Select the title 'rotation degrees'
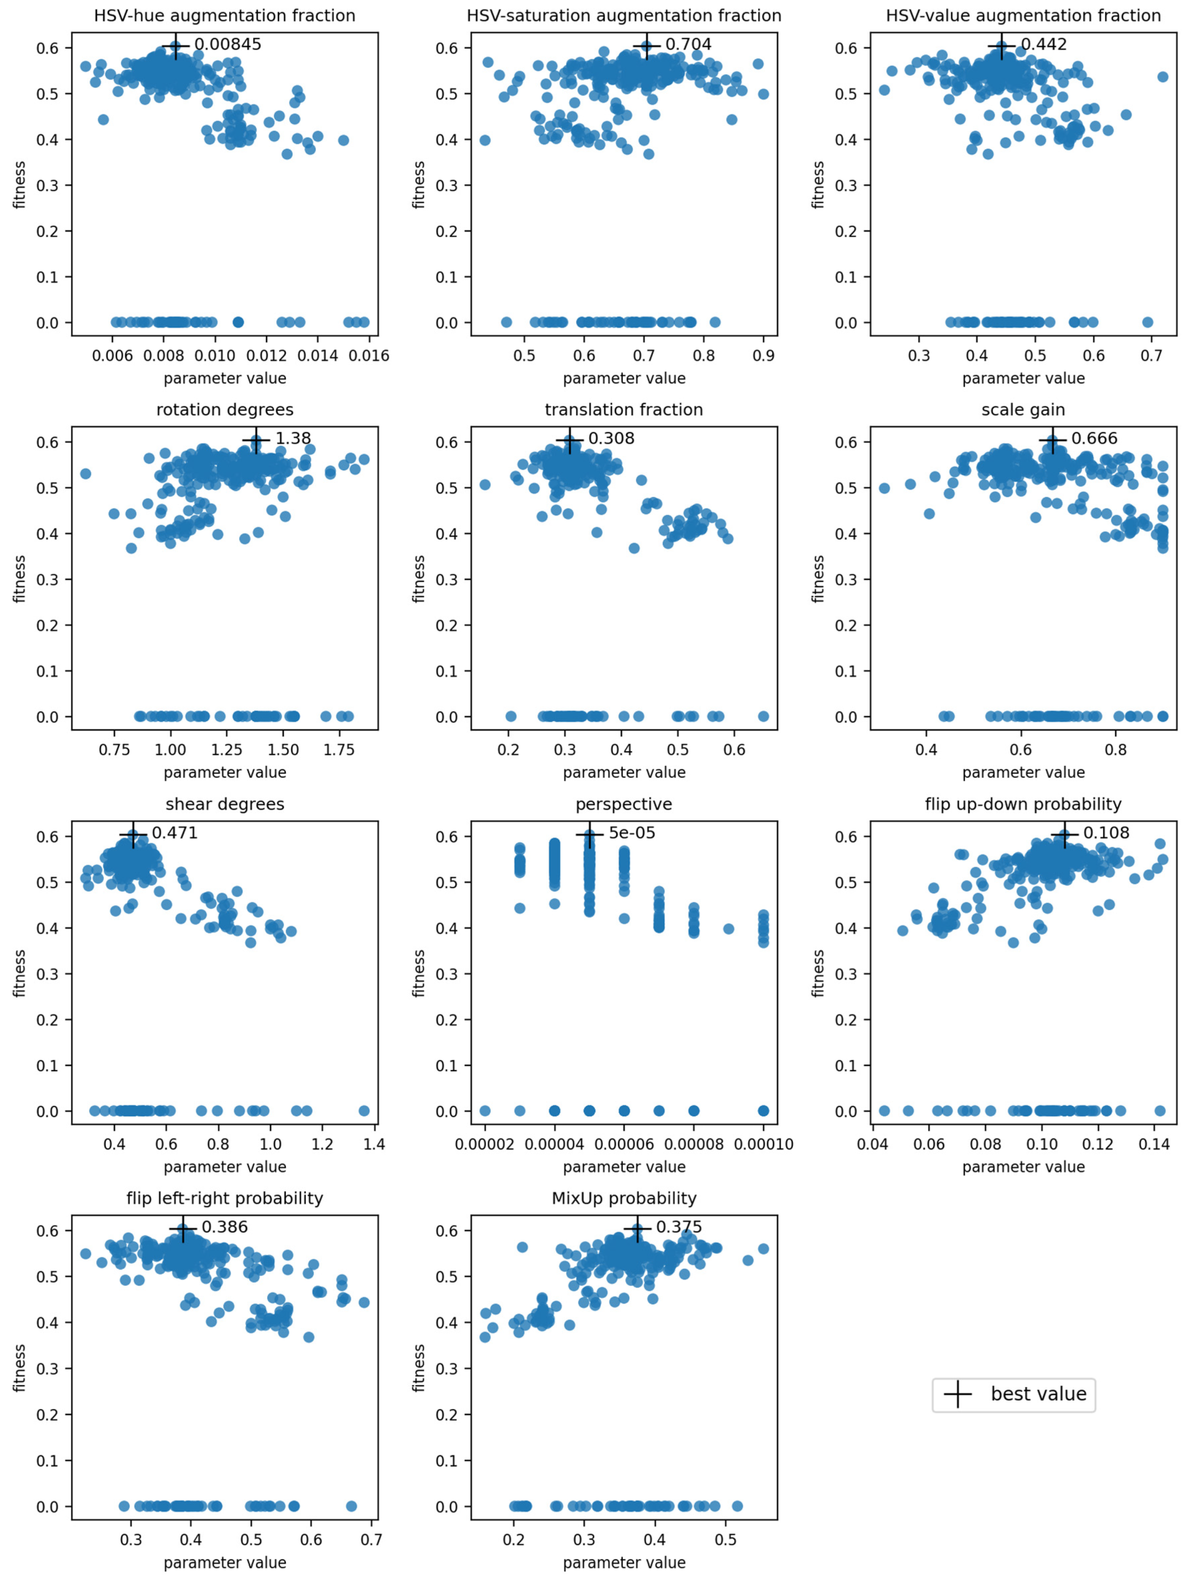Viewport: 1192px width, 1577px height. coord(224,410)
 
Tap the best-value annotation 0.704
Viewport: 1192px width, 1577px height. coord(688,44)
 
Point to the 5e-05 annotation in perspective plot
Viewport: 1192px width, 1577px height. coord(632,833)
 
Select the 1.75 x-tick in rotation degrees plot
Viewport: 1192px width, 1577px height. coord(339,750)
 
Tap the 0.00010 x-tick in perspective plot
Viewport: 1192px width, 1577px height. coord(764,1144)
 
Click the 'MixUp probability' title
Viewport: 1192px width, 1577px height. coord(624,1198)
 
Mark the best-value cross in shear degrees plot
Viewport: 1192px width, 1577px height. coord(133,834)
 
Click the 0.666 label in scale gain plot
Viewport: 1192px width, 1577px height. coord(1094,439)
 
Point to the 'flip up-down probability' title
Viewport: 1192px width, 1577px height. coord(1023,804)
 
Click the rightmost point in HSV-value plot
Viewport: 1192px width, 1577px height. coord(1163,76)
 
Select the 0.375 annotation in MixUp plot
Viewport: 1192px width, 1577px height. coord(679,1227)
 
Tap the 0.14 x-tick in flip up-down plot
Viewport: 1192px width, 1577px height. coord(1154,1144)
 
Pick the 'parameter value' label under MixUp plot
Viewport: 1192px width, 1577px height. coord(624,1563)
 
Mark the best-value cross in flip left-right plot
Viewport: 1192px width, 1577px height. coord(183,1228)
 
